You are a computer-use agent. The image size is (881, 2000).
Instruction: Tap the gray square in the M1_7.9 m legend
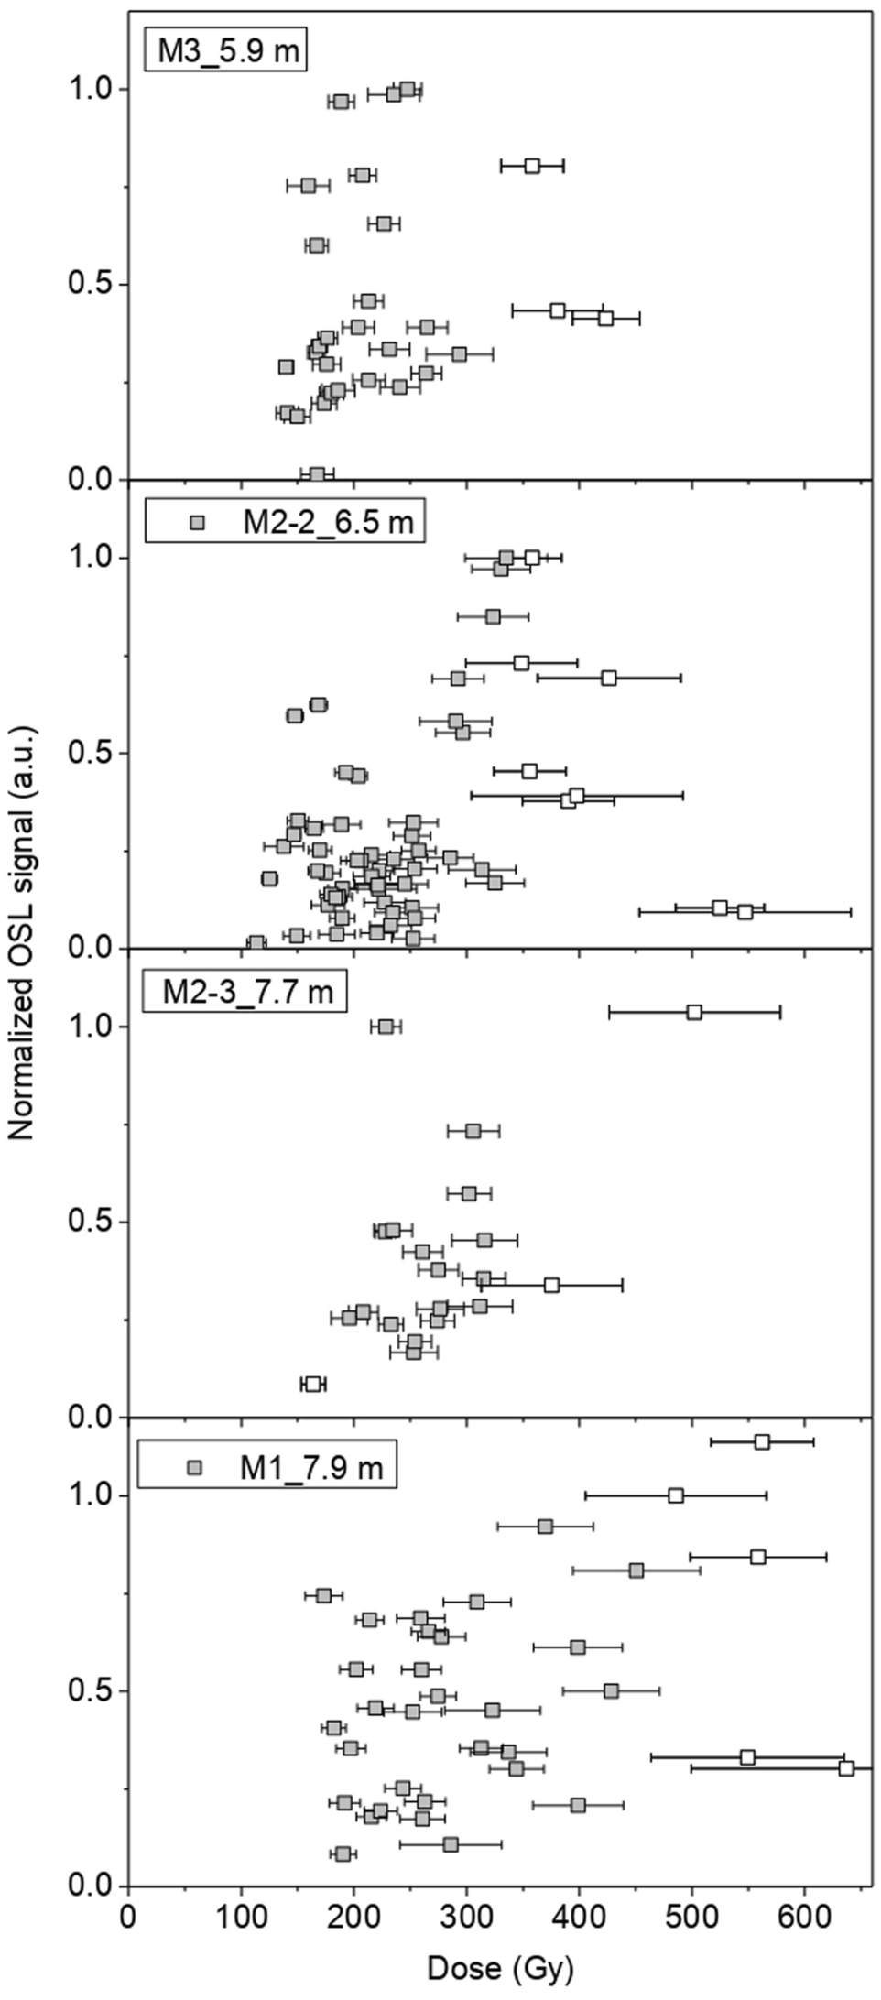[194, 1467]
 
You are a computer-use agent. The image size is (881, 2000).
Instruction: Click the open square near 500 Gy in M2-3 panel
[694, 1012]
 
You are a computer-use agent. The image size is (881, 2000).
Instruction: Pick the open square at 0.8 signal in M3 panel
[532, 166]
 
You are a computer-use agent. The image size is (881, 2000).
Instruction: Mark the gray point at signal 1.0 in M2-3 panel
[386, 1027]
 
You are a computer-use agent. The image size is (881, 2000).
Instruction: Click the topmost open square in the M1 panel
[762, 1442]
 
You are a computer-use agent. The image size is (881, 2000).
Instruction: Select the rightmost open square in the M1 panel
[846, 1768]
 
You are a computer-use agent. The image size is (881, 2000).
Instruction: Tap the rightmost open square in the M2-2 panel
[745, 911]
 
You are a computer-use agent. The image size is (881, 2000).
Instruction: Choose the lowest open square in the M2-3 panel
[313, 1384]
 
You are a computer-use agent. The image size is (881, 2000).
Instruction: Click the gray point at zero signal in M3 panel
[317, 474]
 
